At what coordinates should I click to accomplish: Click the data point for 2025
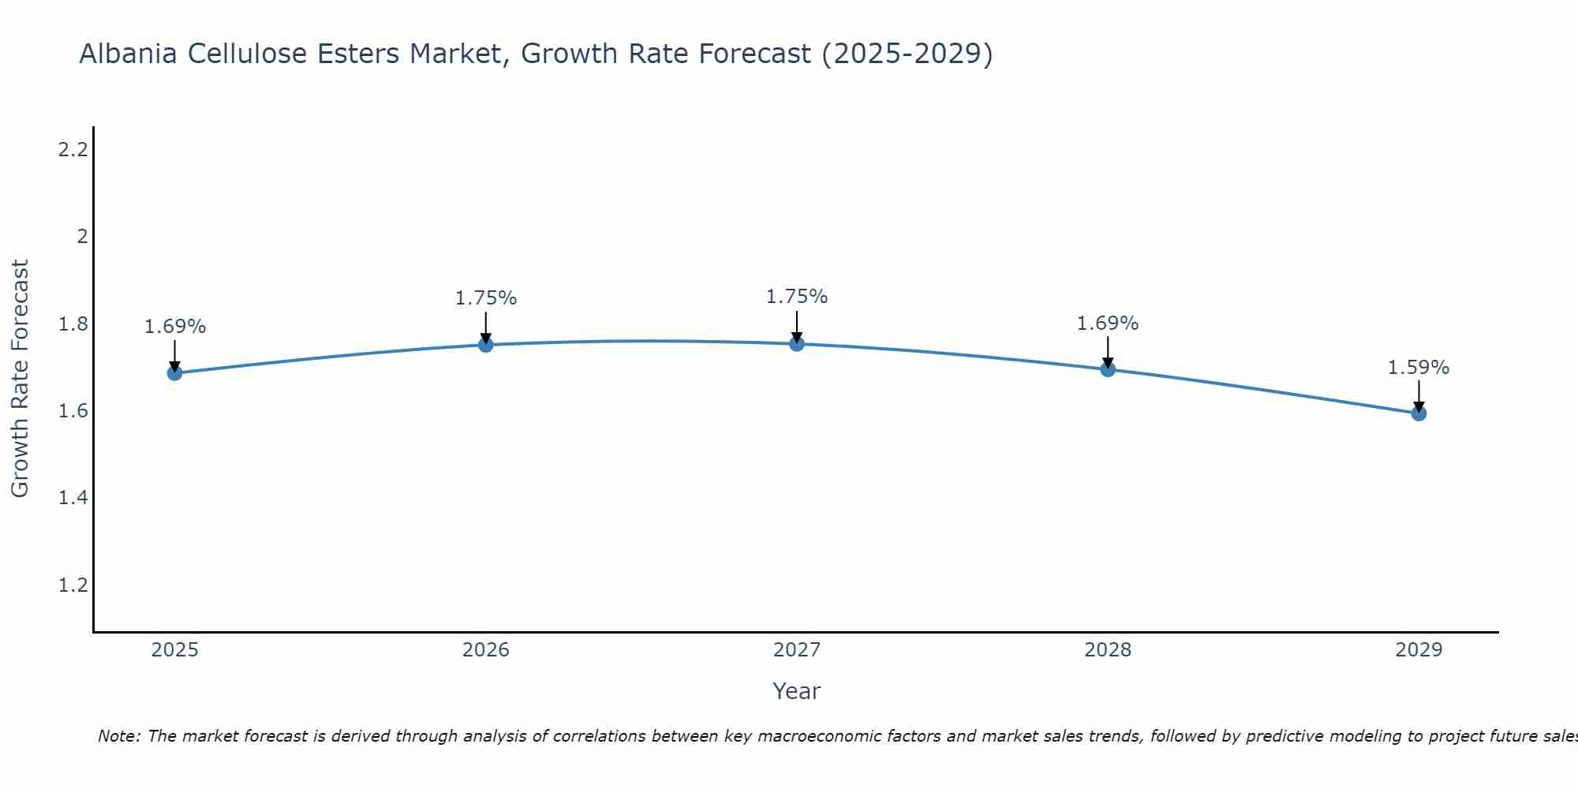pyautogui.click(x=174, y=372)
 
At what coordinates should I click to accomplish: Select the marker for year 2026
pyautogui.click(x=486, y=345)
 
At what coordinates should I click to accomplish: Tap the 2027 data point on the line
pyautogui.click(x=797, y=343)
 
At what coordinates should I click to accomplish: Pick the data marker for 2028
pyautogui.click(x=1108, y=368)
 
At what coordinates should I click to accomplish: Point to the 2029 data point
pyautogui.click(x=1419, y=413)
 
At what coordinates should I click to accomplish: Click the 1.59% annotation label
pyautogui.click(x=1419, y=368)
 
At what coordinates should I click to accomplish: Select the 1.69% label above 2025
pyautogui.click(x=175, y=327)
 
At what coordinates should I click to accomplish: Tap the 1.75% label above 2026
pyautogui.click(x=486, y=298)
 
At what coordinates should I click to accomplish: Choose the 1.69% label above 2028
pyautogui.click(x=1108, y=323)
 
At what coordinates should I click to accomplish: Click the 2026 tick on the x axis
pyautogui.click(x=486, y=650)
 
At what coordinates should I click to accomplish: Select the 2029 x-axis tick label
pyautogui.click(x=1419, y=650)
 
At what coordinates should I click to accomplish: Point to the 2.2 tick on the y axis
pyautogui.click(x=73, y=149)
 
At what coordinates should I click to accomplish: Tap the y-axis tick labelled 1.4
pyautogui.click(x=73, y=498)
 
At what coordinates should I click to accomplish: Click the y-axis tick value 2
pyautogui.click(x=82, y=237)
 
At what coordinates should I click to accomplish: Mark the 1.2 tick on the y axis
pyautogui.click(x=73, y=585)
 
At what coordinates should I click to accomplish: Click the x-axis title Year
pyautogui.click(x=797, y=691)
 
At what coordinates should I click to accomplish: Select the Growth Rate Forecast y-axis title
pyautogui.click(x=20, y=379)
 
